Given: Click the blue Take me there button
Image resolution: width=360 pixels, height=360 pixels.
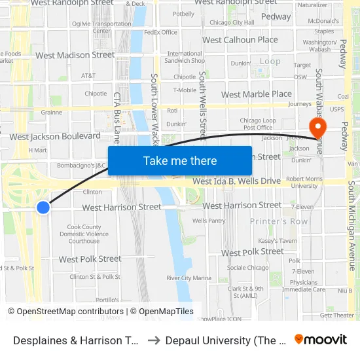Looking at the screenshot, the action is click(180, 161).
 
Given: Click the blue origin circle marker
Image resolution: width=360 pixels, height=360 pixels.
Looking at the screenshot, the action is click(43, 207).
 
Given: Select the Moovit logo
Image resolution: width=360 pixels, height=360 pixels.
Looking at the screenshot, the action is click(321, 340).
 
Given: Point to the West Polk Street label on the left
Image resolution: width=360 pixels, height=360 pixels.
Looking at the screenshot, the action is click(90, 259).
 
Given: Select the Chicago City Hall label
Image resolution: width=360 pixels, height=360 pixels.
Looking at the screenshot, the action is click(232, 22).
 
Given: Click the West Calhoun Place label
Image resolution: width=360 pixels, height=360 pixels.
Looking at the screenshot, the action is click(240, 40).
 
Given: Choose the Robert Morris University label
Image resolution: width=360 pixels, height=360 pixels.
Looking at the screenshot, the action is click(302, 181).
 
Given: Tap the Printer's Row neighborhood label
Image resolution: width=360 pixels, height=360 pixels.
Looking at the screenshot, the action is click(279, 222).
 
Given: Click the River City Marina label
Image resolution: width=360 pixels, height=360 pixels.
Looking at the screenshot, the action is click(189, 278).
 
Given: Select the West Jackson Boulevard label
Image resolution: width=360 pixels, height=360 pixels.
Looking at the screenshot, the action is click(55, 137).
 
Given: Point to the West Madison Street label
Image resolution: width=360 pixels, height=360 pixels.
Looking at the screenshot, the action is click(75, 56).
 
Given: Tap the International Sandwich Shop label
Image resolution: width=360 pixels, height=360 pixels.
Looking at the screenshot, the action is click(185, 57).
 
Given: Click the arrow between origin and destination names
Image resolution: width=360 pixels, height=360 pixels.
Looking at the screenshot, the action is click(154, 340).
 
